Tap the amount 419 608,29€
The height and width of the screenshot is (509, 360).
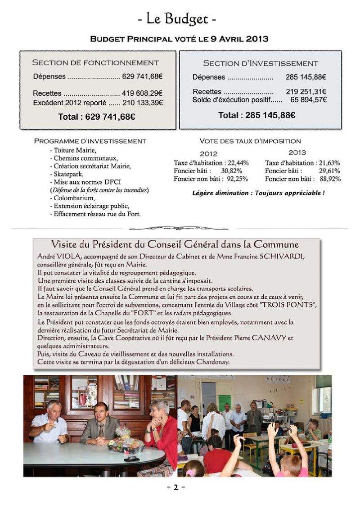click(142, 94)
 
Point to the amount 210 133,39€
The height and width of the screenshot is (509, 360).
click(142, 103)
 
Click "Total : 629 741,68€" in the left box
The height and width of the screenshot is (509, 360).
click(97, 117)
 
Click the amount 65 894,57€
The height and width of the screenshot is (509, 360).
click(309, 99)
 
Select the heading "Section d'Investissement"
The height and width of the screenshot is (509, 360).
click(260, 63)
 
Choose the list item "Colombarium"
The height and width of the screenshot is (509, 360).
click(72, 198)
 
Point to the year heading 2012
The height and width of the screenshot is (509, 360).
click(208, 153)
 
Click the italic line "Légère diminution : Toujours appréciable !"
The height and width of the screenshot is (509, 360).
click(258, 193)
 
